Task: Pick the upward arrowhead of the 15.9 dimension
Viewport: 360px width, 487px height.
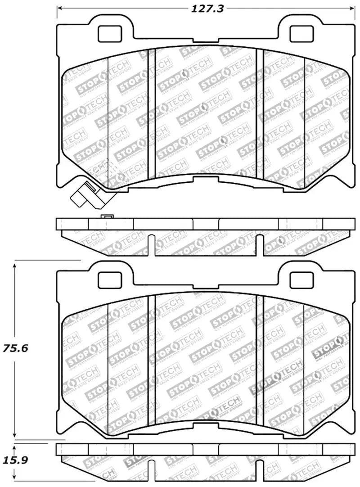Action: (15, 447)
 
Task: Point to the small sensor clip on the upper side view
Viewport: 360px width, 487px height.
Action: (107, 217)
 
